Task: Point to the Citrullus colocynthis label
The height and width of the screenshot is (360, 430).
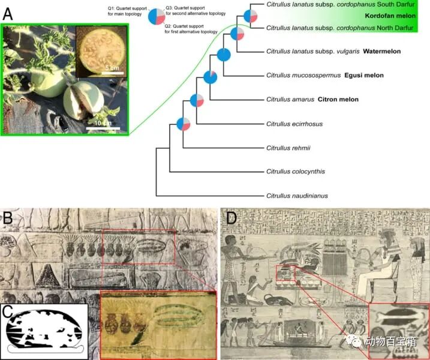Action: pos(295,172)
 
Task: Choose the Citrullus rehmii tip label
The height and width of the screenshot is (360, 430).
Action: pos(287,148)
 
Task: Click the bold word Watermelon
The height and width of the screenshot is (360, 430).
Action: pos(381,52)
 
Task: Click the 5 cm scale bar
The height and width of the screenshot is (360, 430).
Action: pos(111,73)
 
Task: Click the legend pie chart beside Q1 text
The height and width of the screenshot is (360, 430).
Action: pos(157,16)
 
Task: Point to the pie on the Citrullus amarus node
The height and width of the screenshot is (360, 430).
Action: pos(197,101)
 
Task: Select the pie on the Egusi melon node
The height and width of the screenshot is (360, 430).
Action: pos(210,77)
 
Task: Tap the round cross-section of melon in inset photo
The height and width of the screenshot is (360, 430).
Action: pos(102,47)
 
